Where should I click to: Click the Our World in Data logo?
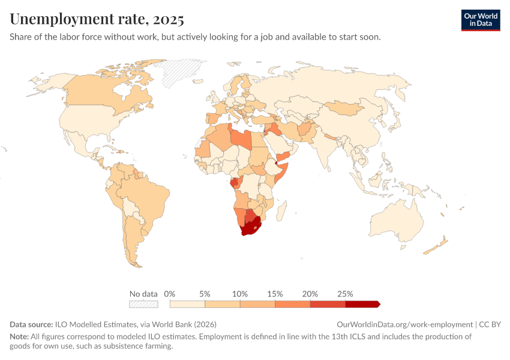point(480,20)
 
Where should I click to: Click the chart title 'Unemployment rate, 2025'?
point(97,19)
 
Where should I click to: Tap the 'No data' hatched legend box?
point(143,304)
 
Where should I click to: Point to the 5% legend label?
point(205,294)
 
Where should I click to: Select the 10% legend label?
point(240,294)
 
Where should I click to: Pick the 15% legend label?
point(275,294)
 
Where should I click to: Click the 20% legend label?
point(310,294)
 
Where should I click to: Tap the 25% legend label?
point(345,294)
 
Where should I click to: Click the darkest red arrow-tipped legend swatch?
point(362,304)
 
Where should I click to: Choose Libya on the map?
point(241,138)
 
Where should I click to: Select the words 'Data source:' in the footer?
point(31,324)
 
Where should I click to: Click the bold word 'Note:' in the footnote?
point(19,337)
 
